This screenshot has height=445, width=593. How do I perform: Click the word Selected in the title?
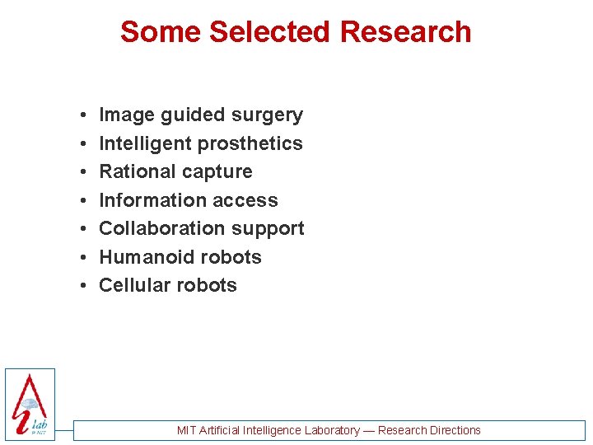click(x=271, y=32)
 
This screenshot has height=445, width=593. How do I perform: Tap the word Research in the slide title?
click(x=405, y=32)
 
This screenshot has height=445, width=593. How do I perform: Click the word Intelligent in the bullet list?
click(x=146, y=143)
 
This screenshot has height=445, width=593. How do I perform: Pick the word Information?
click(x=152, y=200)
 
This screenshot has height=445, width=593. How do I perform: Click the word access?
click(x=245, y=200)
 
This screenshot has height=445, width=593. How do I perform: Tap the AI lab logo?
click(x=30, y=404)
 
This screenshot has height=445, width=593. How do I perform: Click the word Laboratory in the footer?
click(x=332, y=430)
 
